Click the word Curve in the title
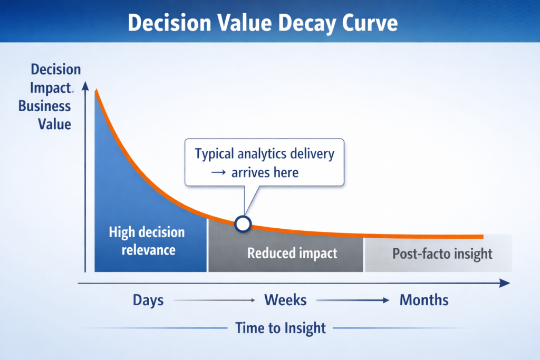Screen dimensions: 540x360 pyautogui.click(x=370, y=23)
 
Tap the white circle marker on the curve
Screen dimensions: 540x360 pyautogui.click(x=243, y=224)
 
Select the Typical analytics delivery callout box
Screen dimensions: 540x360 pyautogui.click(x=264, y=162)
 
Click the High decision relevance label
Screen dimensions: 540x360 pyautogui.click(x=147, y=241)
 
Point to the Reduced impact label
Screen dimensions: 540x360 pyautogui.click(x=292, y=254)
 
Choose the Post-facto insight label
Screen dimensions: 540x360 pyautogui.click(x=442, y=254)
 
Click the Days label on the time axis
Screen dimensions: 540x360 pyautogui.click(x=148, y=300)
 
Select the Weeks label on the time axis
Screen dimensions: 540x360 pyautogui.click(x=285, y=300)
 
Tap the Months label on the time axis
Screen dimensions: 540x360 pyautogui.click(x=424, y=300)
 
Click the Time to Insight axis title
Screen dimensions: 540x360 pyautogui.click(x=281, y=328)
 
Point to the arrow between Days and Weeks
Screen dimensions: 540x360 pyautogui.click(x=215, y=300)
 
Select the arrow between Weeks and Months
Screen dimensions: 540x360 pyautogui.click(x=352, y=300)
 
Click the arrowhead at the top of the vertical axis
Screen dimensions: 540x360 pyautogui.click(x=85, y=86)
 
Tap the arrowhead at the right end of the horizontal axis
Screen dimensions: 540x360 pyautogui.click(x=505, y=283)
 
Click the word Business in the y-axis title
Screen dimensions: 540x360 pyautogui.click(x=44, y=106)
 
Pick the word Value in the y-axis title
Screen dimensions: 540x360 pyautogui.click(x=54, y=124)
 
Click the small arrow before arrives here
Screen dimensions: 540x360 pyautogui.click(x=218, y=173)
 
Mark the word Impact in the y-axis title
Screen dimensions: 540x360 pyautogui.click(x=50, y=88)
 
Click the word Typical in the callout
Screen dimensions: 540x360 pyautogui.click(x=215, y=154)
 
